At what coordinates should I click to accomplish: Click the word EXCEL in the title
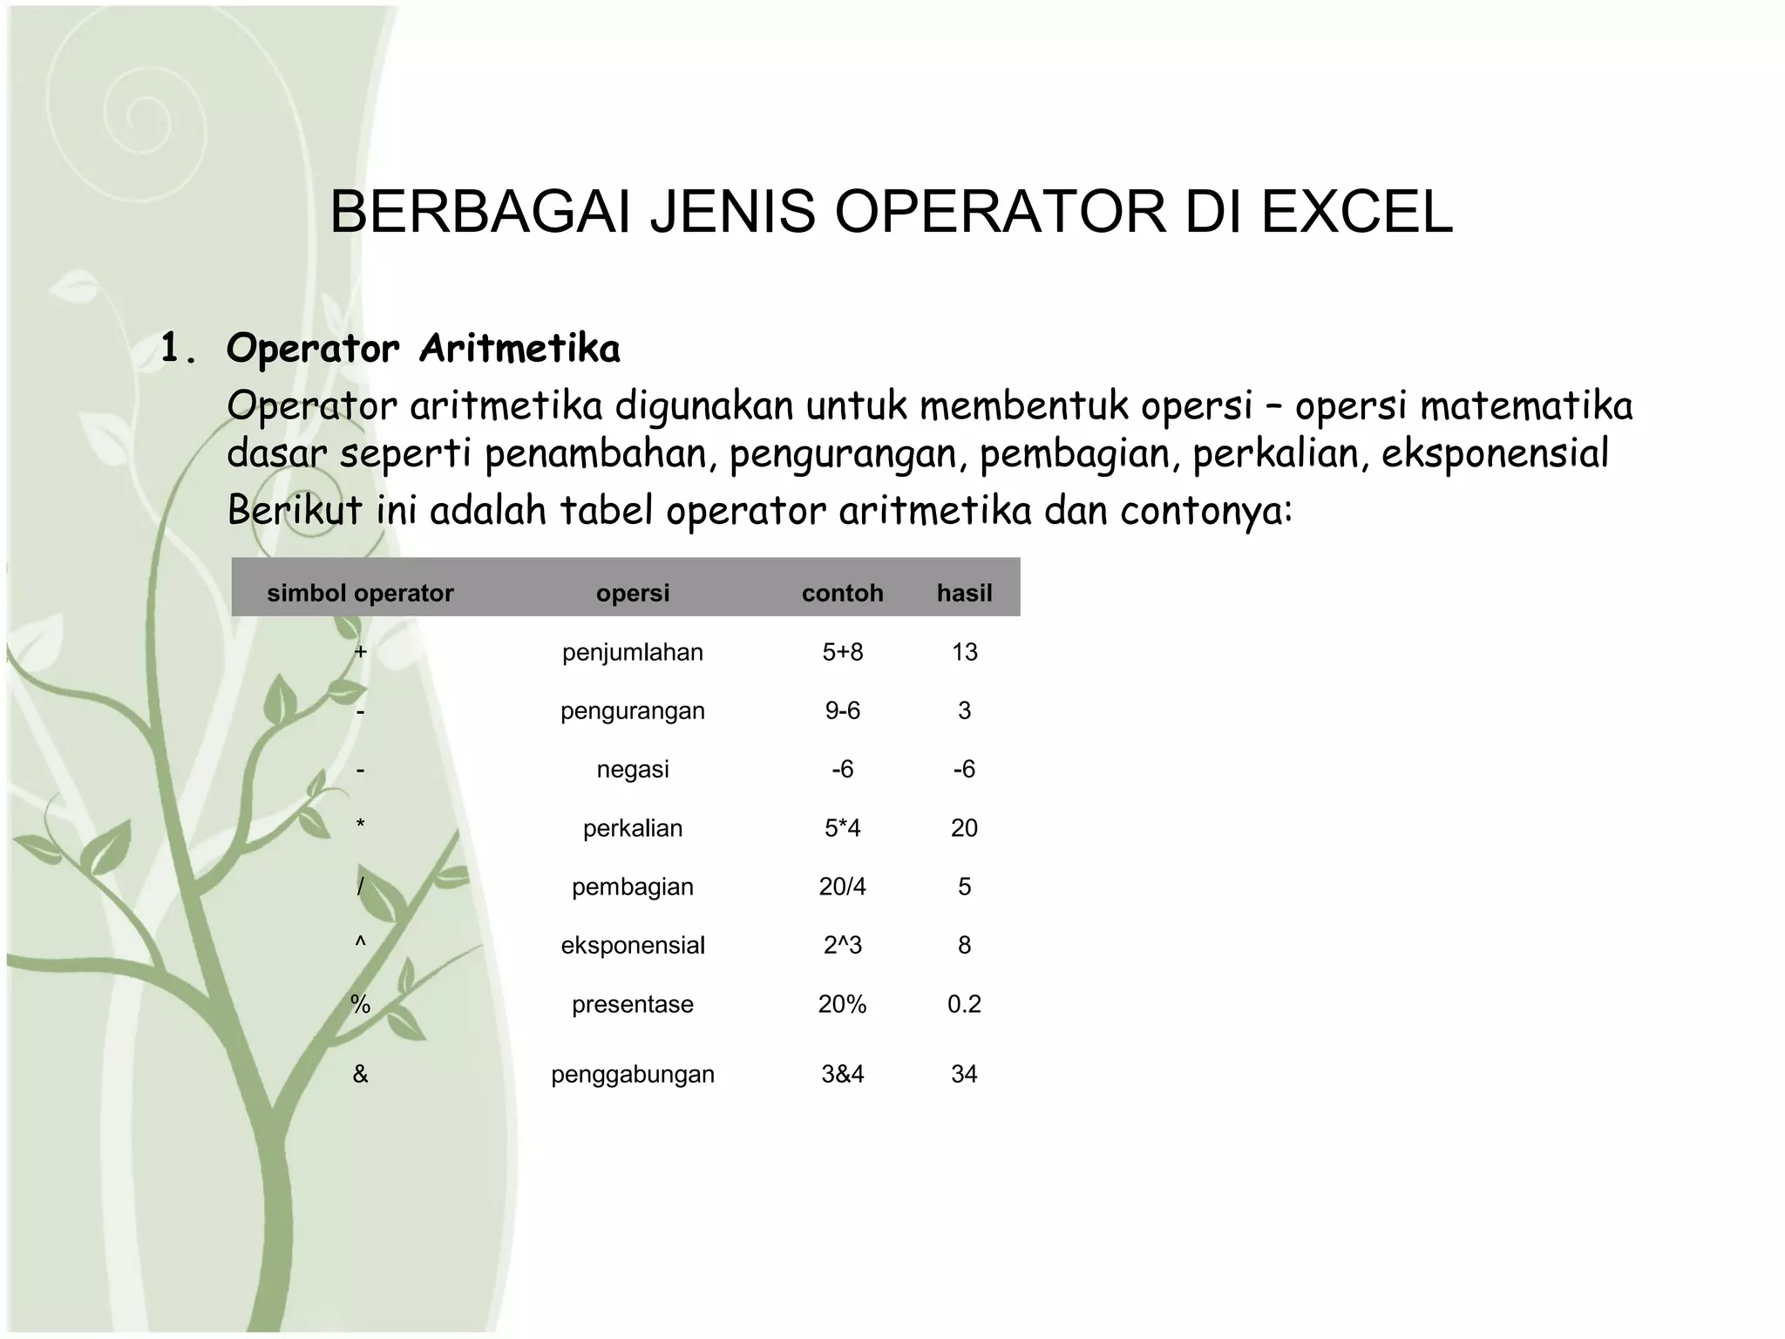click(x=1356, y=212)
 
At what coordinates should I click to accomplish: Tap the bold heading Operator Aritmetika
click(x=423, y=349)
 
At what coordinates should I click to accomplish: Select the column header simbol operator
click(x=360, y=594)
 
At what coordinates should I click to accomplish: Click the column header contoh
click(x=842, y=594)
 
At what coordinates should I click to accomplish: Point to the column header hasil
click(x=964, y=594)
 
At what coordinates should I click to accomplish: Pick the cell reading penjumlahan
click(x=632, y=652)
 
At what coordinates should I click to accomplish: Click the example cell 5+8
click(x=842, y=652)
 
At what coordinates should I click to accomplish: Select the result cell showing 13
click(x=964, y=652)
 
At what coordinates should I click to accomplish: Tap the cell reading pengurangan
click(x=632, y=711)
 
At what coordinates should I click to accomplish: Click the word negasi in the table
click(x=632, y=770)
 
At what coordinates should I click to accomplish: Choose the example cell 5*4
click(x=842, y=828)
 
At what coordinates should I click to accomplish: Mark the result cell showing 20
click(x=964, y=828)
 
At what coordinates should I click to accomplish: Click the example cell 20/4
click(x=842, y=887)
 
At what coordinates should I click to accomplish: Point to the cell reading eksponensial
click(x=632, y=946)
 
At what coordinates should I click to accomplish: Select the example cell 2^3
click(x=842, y=946)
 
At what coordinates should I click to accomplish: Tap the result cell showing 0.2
click(x=964, y=1004)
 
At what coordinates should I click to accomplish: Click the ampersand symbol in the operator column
click(x=360, y=1074)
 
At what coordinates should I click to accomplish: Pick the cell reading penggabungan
click(x=632, y=1074)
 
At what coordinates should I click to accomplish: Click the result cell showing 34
click(x=964, y=1074)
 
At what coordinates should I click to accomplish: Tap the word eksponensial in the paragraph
click(x=1494, y=454)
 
